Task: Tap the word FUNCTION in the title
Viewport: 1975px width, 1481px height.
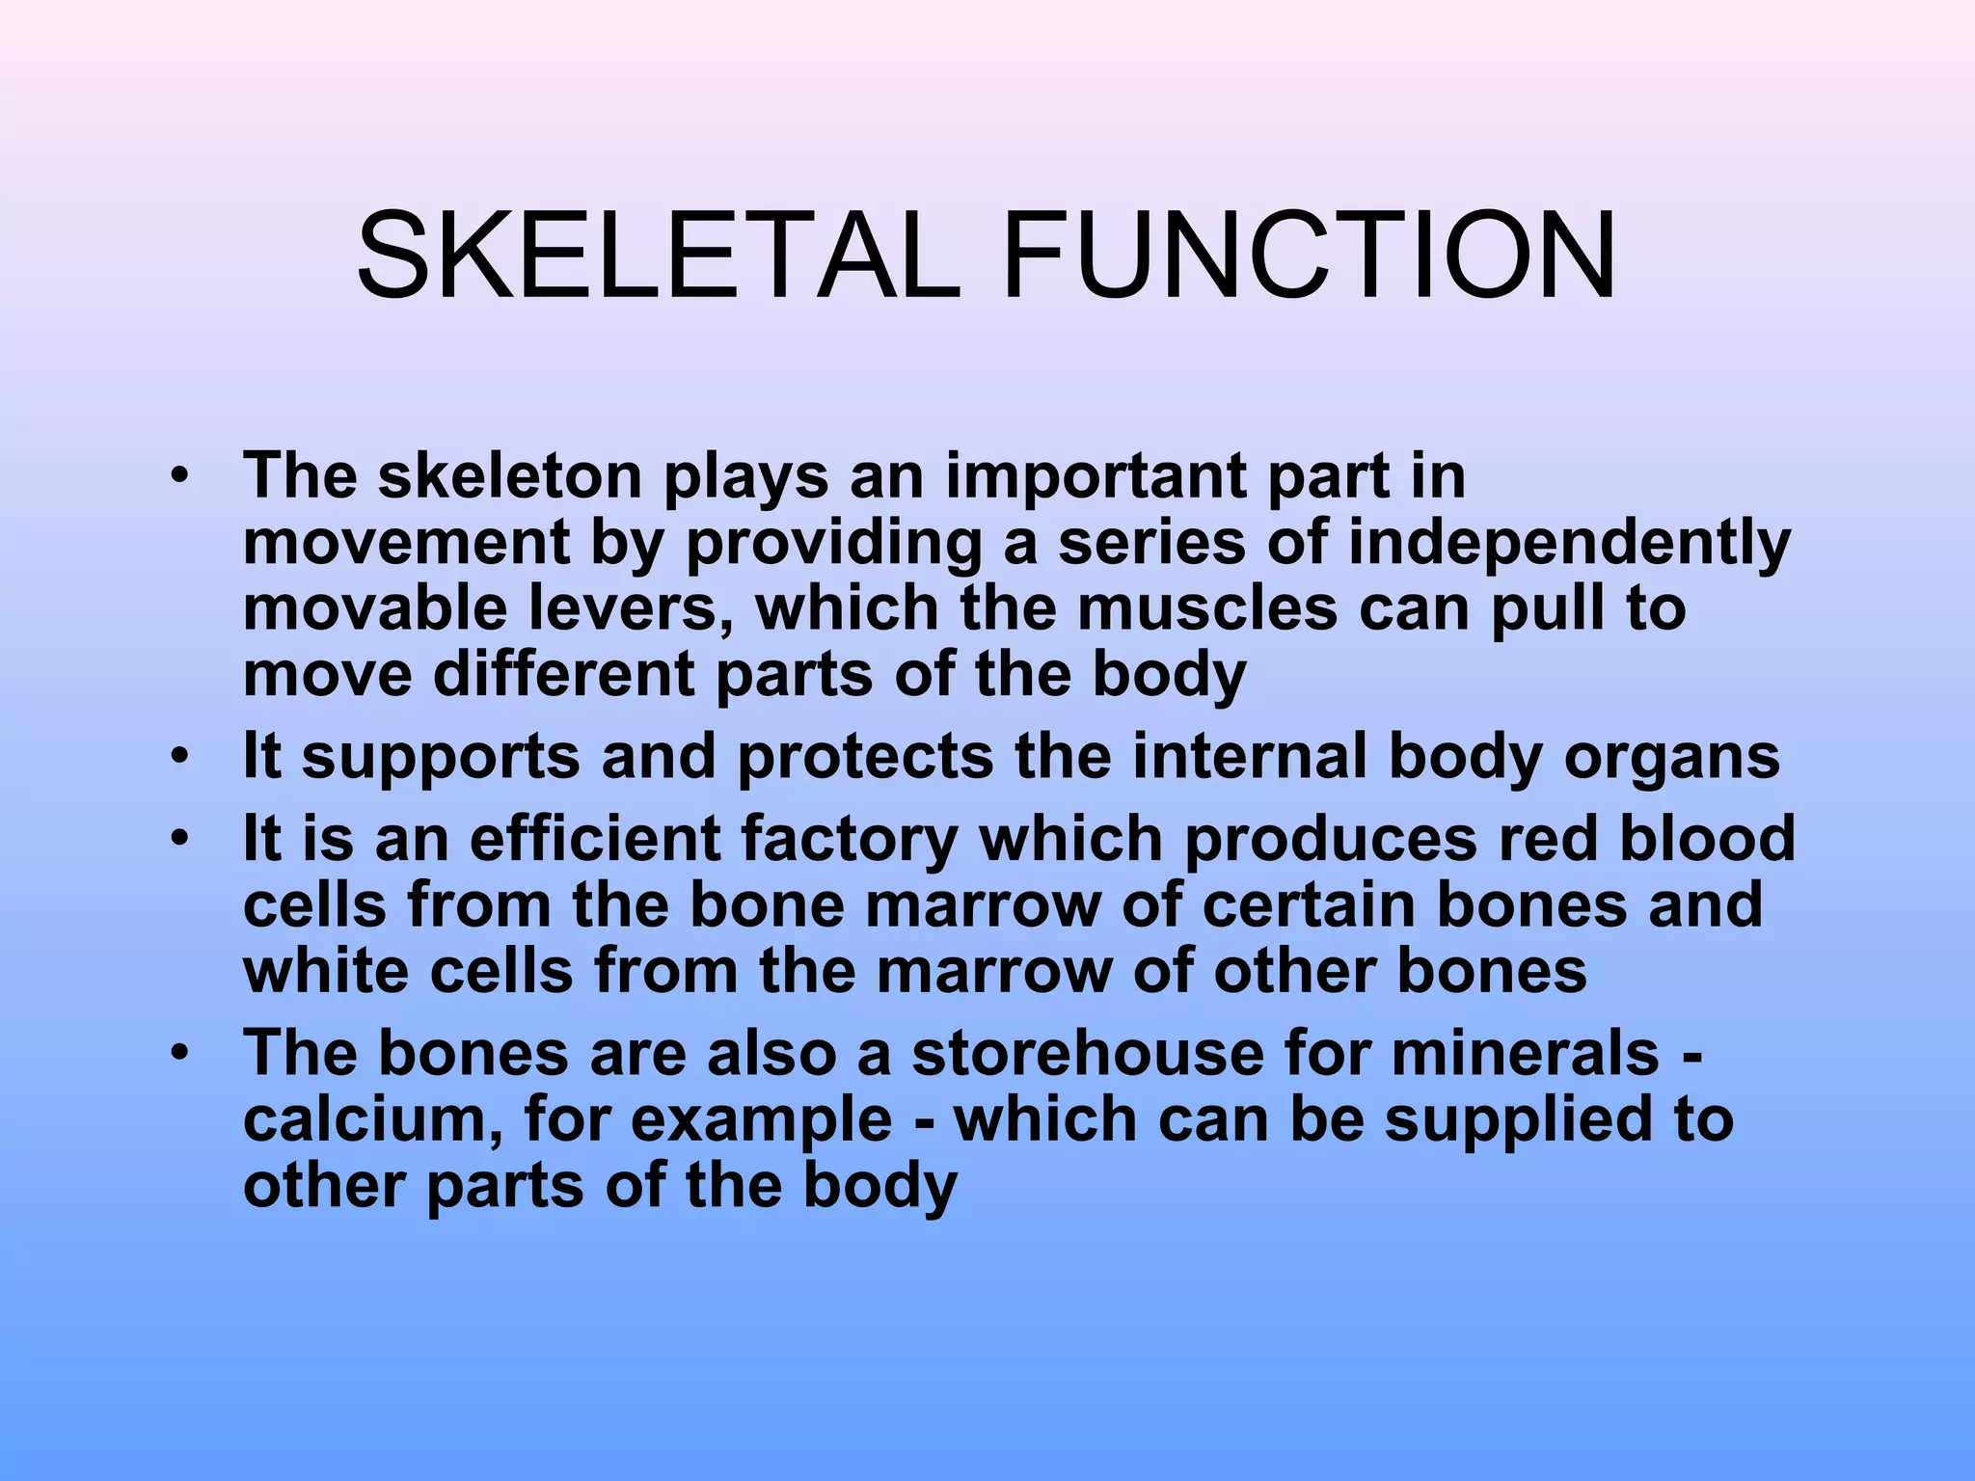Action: click(x=1309, y=257)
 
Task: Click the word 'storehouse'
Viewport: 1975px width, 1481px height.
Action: click(x=1087, y=1054)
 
